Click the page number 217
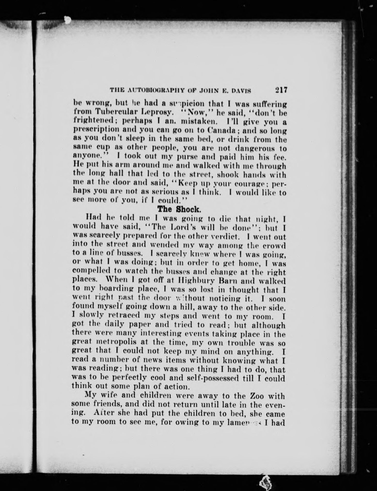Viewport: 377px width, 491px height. [281, 90]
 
